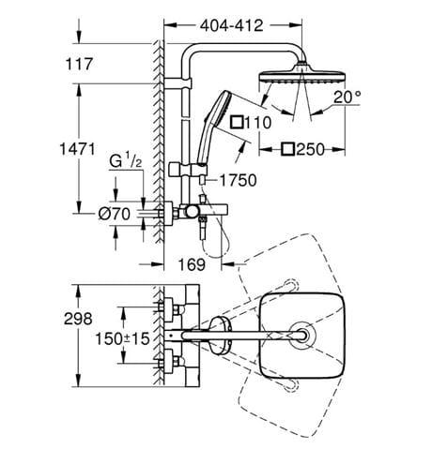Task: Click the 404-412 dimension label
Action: coord(232,25)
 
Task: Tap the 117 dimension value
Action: coord(79,64)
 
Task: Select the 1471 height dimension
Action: coord(77,149)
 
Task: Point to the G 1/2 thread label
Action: coord(126,161)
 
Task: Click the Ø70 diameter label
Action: coord(115,214)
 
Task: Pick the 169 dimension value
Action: coord(192,264)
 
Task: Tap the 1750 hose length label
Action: coord(239,180)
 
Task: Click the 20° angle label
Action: coord(347,97)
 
